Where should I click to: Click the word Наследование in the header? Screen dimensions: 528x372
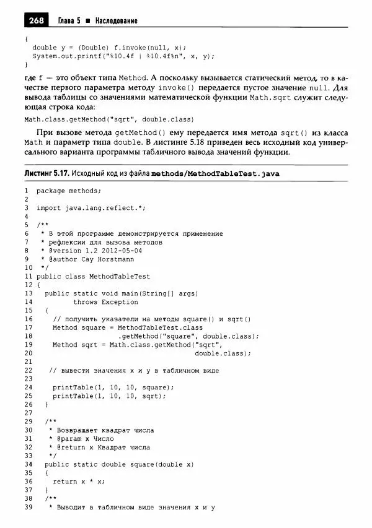click(115, 21)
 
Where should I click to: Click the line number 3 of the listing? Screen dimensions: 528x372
click(27, 208)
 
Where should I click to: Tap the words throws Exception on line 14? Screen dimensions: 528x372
click(105, 302)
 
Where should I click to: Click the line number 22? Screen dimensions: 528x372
click(29, 370)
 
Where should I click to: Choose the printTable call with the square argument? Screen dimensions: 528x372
click(109, 387)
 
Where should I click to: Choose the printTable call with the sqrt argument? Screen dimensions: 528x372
click(105, 396)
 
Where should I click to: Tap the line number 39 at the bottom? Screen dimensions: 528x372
click(29, 508)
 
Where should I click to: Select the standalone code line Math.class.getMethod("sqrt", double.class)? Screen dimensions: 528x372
click(109, 119)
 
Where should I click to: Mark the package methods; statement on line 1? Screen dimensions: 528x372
click(68, 191)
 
